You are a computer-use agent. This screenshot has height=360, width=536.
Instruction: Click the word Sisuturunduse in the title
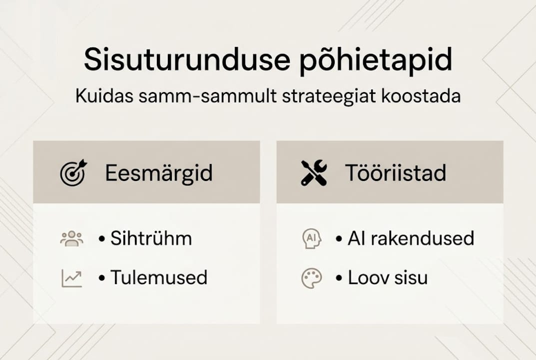click(x=186, y=60)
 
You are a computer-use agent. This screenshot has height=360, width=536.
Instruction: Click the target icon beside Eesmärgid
click(x=73, y=172)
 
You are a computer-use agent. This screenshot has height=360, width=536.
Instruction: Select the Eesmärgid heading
click(x=159, y=173)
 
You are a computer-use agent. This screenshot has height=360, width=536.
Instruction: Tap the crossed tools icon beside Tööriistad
click(x=314, y=173)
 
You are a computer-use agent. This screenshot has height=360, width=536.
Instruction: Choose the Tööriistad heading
click(x=396, y=173)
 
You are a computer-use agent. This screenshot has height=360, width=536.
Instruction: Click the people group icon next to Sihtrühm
click(x=71, y=238)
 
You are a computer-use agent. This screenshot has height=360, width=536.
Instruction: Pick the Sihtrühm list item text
click(x=151, y=238)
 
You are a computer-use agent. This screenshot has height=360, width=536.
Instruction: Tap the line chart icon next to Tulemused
click(x=71, y=278)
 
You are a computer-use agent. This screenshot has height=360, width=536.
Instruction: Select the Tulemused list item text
click(x=159, y=277)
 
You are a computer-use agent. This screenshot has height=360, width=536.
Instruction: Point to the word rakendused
click(x=425, y=238)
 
